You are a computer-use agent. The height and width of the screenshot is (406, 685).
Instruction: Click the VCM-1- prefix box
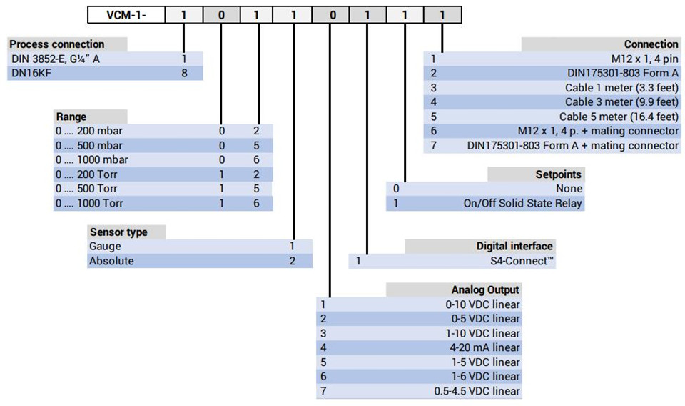(x=126, y=15)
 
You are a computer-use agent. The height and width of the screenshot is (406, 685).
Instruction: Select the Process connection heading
(x=57, y=44)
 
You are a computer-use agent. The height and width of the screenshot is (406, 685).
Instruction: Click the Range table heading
(x=71, y=117)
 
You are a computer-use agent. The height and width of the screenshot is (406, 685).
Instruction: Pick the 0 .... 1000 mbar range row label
(x=92, y=159)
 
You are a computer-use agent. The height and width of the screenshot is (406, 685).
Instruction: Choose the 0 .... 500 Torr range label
(x=86, y=189)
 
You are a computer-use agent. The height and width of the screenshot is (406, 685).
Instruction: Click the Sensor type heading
(x=118, y=232)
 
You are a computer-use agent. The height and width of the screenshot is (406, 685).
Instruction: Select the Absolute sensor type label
(x=111, y=261)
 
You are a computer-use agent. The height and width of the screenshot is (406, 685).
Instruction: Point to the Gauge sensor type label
(x=105, y=247)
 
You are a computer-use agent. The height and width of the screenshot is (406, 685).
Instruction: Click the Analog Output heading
(x=485, y=289)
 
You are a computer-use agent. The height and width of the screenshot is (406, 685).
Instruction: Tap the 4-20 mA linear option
(x=485, y=348)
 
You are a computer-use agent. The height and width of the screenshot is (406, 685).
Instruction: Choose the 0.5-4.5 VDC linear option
(x=477, y=391)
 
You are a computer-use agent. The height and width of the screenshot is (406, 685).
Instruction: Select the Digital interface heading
(x=514, y=247)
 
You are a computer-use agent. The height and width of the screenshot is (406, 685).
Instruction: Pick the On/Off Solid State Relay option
(x=523, y=204)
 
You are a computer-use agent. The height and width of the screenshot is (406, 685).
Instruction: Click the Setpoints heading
(x=558, y=174)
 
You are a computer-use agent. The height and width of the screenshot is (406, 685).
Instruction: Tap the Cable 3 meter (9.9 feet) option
(x=621, y=102)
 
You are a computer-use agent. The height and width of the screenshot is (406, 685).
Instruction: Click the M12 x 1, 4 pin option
(x=644, y=59)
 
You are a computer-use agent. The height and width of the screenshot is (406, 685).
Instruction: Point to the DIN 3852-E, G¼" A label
(x=56, y=59)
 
